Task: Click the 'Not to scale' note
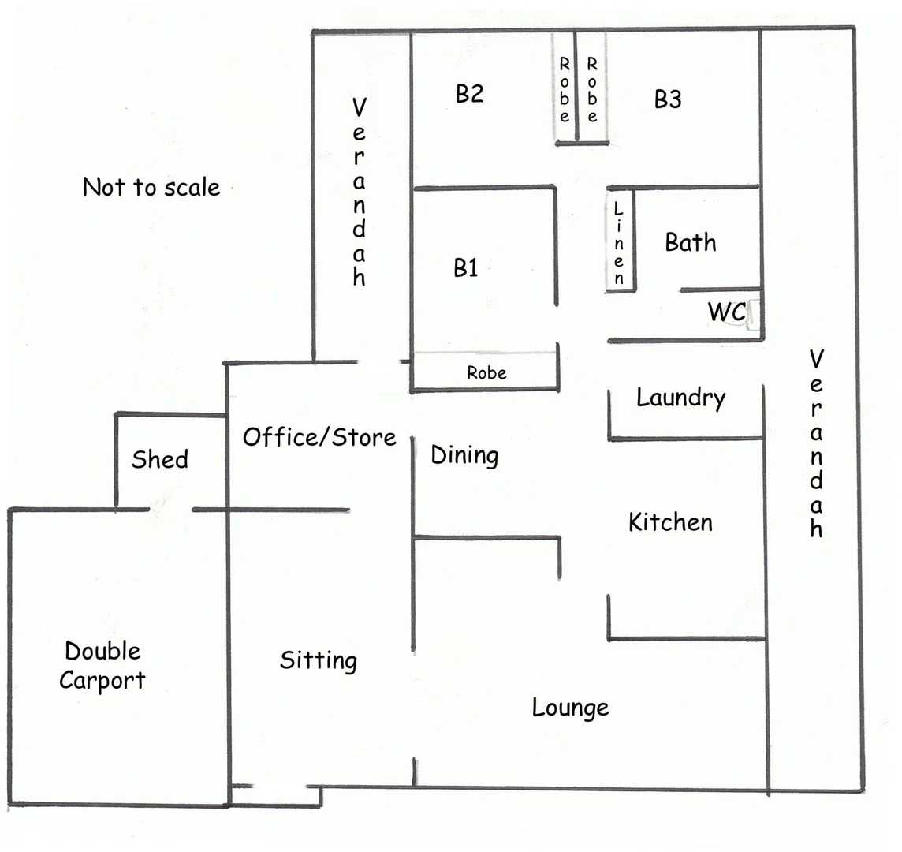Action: click(x=151, y=188)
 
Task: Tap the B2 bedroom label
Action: click(x=469, y=94)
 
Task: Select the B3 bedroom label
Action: click(x=668, y=99)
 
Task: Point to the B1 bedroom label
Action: click(x=465, y=268)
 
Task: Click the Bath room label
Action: click(x=691, y=242)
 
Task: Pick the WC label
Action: click(x=726, y=312)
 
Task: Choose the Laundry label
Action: click(x=680, y=398)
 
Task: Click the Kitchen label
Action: click(x=670, y=522)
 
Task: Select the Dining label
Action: click(x=464, y=455)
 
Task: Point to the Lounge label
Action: click(x=570, y=708)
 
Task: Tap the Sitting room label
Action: click(x=319, y=660)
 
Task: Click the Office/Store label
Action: click(x=319, y=437)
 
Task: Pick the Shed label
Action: click(x=160, y=459)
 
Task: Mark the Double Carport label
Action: click(x=102, y=666)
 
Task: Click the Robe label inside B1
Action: click(x=486, y=372)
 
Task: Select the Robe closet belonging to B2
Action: click(x=565, y=88)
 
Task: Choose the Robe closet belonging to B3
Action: click(x=592, y=88)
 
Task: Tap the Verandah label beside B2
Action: click(x=359, y=192)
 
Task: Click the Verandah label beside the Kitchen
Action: click(x=816, y=444)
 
